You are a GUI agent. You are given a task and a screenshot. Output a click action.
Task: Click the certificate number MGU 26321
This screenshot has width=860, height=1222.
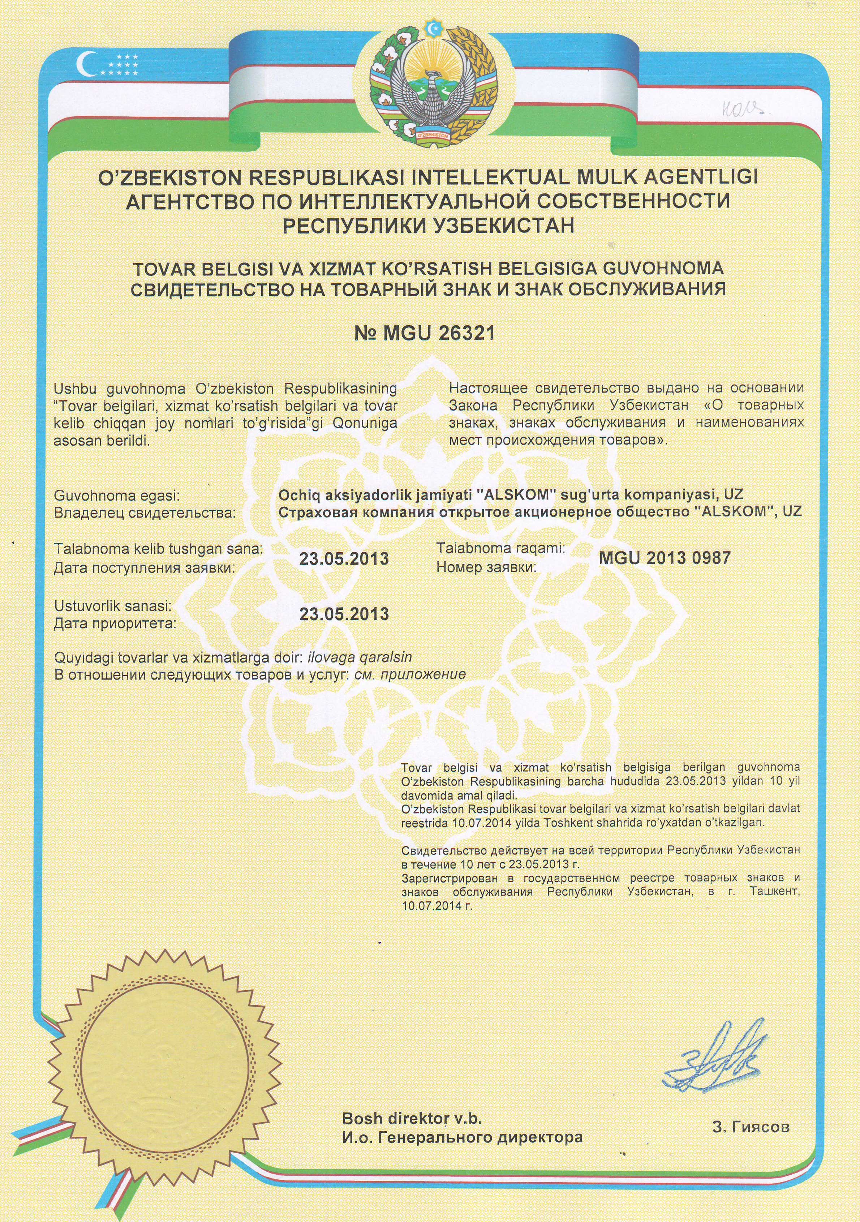424,334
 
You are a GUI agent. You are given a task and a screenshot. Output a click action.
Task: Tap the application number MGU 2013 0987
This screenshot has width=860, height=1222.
664,558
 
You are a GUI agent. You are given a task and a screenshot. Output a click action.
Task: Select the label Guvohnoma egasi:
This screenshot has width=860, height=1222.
117,496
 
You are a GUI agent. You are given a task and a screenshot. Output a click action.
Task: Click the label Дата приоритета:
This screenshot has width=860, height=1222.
115,623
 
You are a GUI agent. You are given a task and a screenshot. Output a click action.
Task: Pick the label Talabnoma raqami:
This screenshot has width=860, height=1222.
500,548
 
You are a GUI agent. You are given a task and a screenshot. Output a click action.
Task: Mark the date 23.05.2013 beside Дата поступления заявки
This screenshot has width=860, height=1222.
344,559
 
